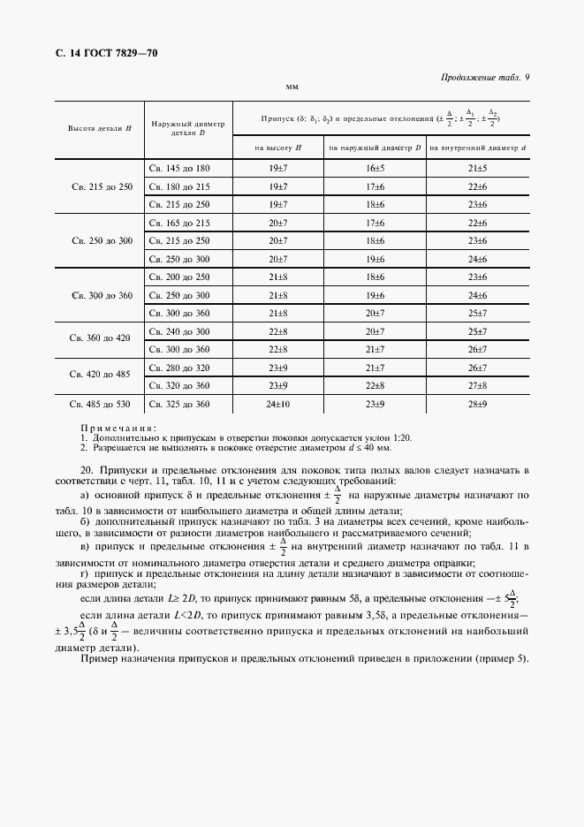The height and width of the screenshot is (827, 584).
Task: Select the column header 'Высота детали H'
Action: pos(99,128)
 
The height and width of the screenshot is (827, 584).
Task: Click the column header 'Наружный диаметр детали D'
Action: pos(188,128)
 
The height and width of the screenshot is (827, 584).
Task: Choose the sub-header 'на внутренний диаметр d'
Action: pos(477,147)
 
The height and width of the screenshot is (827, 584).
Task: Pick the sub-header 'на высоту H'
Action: pos(277,147)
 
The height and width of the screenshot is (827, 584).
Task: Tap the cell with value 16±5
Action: pos(375,168)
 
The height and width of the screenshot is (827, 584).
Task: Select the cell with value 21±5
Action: pos(477,168)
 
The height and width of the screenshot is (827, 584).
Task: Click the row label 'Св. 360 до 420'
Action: pos(99,339)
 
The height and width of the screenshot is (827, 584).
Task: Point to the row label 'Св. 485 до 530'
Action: pos(99,404)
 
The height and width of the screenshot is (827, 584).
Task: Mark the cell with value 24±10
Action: pos(277,404)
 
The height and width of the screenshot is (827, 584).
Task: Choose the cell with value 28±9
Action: pos(477,404)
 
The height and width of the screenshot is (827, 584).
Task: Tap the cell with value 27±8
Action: pos(477,385)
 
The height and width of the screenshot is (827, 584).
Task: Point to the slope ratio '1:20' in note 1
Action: pos(402,437)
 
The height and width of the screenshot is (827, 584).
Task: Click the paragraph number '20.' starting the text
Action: pos(87,469)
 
